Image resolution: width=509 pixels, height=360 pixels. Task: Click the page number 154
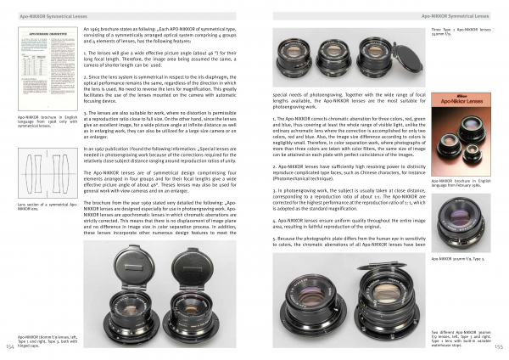point(8,346)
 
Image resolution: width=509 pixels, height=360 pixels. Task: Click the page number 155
point(500,346)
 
